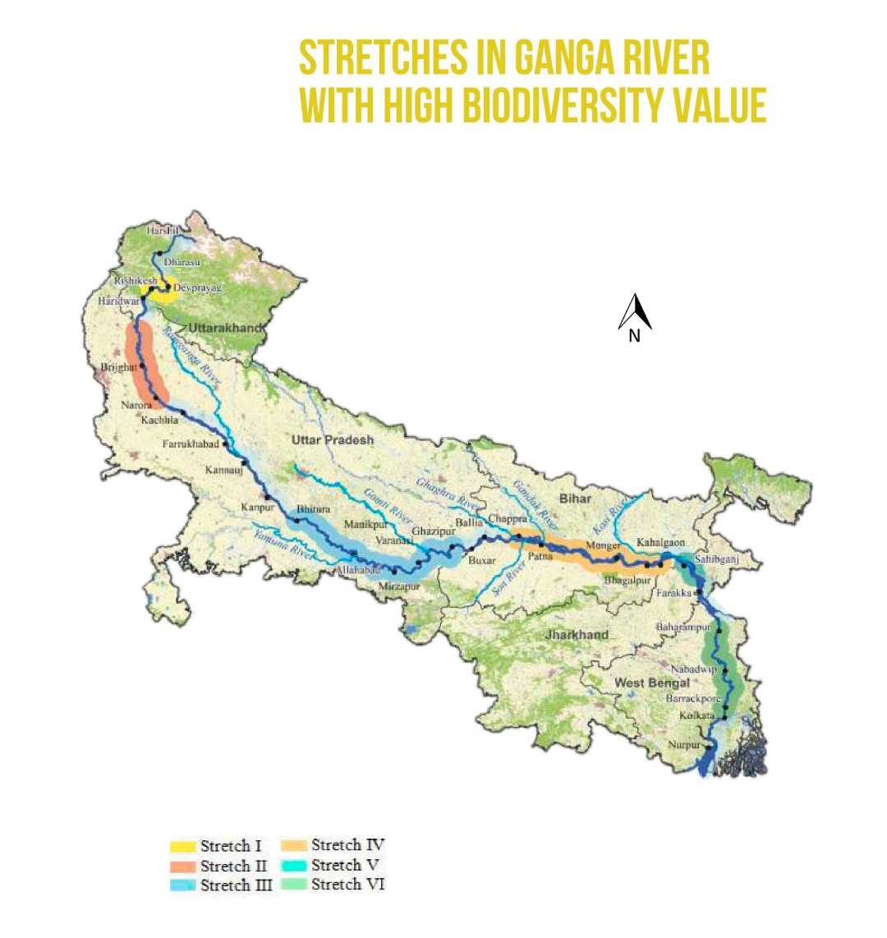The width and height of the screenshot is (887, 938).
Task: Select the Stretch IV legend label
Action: pyautogui.click(x=347, y=845)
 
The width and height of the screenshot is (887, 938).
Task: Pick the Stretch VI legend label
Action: pyautogui.click(x=347, y=885)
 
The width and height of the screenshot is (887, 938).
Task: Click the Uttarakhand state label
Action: pyautogui.click(x=227, y=329)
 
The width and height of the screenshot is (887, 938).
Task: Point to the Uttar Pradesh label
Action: pyautogui.click(x=333, y=440)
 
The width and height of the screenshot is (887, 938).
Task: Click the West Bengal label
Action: pyautogui.click(x=652, y=683)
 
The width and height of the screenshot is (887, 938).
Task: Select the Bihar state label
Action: pyautogui.click(x=575, y=499)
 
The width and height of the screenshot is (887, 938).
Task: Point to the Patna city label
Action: pyautogui.click(x=539, y=556)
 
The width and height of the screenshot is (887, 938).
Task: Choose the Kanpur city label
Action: pyautogui.click(x=257, y=508)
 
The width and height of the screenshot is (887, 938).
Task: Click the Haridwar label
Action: pyautogui.click(x=117, y=301)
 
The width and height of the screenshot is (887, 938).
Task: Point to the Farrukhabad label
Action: pyautogui.click(x=191, y=444)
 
